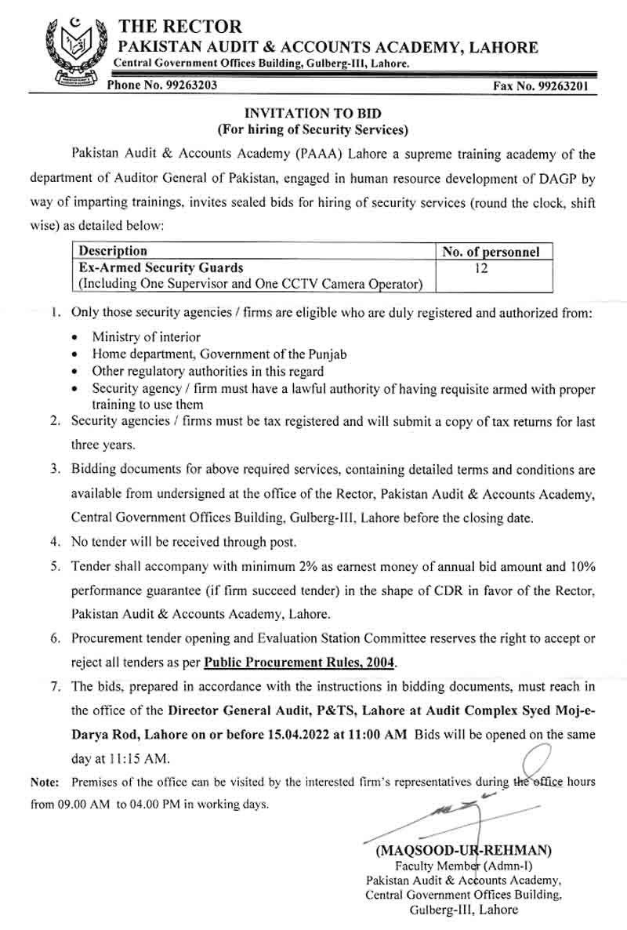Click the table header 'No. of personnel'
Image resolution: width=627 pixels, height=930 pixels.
[x=491, y=252]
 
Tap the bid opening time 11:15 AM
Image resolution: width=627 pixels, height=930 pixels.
[x=143, y=759]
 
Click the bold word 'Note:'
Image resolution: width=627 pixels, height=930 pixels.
[x=45, y=783]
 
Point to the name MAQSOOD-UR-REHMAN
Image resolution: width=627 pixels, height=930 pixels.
[x=464, y=849]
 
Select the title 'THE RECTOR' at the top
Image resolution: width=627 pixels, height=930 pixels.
[x=180, y=27]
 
